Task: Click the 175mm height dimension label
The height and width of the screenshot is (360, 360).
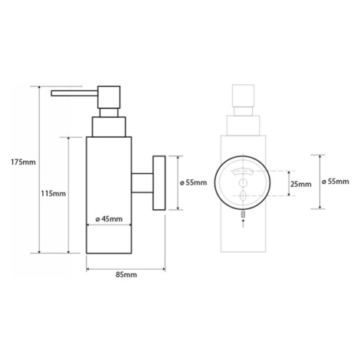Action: (23, 162)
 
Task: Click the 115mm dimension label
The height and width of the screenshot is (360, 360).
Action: (54, 194)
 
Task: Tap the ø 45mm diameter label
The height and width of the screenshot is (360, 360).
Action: (109, 219)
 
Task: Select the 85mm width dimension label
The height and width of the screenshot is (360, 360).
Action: (126, 275)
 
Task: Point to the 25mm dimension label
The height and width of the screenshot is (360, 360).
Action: (301, 184)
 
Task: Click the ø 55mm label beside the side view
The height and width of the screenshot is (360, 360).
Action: (193, 182)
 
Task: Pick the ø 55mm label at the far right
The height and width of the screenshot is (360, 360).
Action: (335, 182)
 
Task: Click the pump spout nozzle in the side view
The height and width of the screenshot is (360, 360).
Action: (74, 93)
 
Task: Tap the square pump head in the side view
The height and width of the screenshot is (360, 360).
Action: (109, 97)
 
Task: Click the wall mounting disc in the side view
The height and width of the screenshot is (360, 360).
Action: (159, 183)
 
